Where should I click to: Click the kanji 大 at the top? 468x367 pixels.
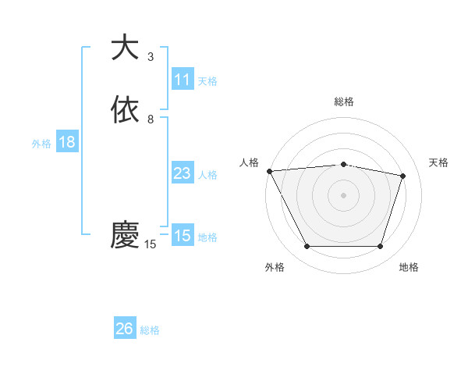pos(125,48)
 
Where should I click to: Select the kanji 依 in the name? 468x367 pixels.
pos(125,110)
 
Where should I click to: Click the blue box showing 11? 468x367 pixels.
pos(183,80)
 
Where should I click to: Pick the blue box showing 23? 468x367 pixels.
pos(183,173)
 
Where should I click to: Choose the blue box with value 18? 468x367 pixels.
pos(67,142)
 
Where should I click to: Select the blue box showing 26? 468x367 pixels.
pos(125,330)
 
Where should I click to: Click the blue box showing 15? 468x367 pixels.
pos(183,236)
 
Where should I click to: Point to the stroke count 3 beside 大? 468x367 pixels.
pos(151,57)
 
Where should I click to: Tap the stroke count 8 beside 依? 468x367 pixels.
pos(151,119)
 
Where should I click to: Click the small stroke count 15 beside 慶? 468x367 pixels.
pos(151,244)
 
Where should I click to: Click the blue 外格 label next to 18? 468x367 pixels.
pos(41,143)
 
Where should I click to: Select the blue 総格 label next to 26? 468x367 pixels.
pos(150,330)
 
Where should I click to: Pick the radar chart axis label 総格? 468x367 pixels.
pos(344,102)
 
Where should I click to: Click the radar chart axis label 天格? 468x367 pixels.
pos(439,162)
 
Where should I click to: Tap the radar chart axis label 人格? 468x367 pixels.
pos(249,162)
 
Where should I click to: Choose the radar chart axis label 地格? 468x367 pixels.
pos(409,267)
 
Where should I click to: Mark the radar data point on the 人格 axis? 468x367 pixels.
pos(269,171)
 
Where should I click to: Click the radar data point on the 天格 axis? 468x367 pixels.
pos(403,176)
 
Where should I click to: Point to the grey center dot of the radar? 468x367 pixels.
pos(344,194)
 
